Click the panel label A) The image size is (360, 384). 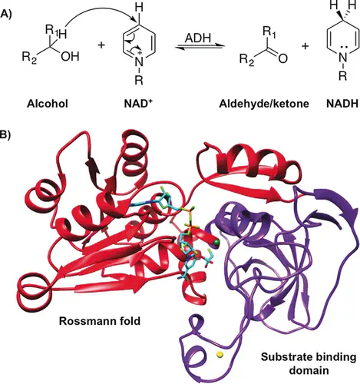coord(5,14)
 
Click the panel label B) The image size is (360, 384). coord(5,134)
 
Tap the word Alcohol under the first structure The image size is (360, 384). coord(48,104)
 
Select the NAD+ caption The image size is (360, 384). coord(138,103)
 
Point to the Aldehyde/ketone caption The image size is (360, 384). coord(264,104)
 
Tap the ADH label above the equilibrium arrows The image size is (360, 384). coord(198,38)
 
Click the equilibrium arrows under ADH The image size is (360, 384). coord(198,47)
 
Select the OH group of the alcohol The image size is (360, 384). coord(70,57)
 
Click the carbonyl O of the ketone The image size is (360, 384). coord(283,59)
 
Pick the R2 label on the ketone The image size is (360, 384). coord(247,60)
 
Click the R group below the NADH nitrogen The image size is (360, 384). coord(343,76)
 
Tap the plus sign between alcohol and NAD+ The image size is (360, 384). coord(101,45)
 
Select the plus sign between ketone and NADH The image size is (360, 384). coord(305,46)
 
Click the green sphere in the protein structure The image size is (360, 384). coord(217,242)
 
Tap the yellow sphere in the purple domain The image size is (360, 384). coord(220,355)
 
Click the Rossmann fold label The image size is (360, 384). coord(100,321)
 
